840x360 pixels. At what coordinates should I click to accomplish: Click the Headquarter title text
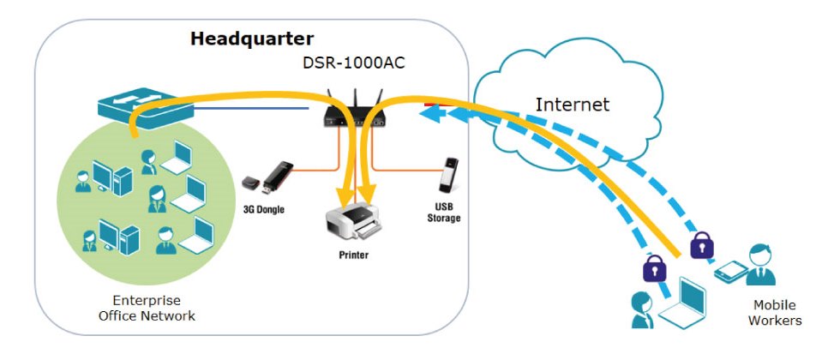(x=251, y=39)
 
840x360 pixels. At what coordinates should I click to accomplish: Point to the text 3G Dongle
(x=265, y=208)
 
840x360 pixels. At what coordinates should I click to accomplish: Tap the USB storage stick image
(x=447, y=175)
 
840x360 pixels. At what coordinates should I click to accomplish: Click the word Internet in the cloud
(x=572, y=105)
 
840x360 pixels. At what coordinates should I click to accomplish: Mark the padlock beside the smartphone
(x=701, y=247)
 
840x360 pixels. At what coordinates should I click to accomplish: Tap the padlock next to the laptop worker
(x=654, y=268)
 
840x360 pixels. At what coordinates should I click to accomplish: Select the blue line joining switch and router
(x=249, y=109)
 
